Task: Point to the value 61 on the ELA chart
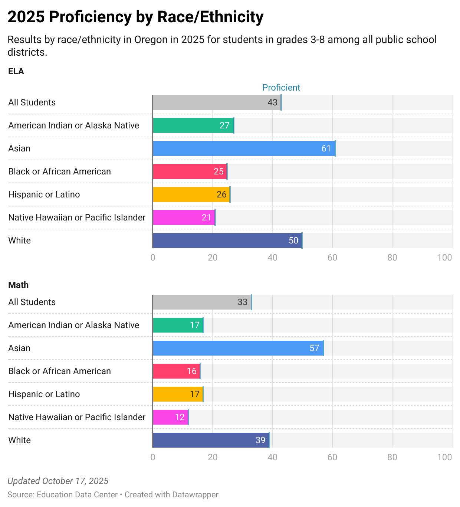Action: tap(326, 148)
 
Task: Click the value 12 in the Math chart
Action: tap(180, 417)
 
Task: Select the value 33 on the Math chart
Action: tap(243, 302)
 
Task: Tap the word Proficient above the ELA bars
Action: tap(281, 88)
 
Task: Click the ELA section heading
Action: tap(16, 71)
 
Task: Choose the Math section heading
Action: tap(18, 285)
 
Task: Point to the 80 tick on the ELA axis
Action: tap(392, 258)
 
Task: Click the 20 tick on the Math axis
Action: tap(213, 457)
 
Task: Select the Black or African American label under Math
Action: tap(59, 371)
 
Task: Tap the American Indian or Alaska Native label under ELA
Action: tap(73, 125)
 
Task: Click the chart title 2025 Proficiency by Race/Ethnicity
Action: tap(135, 17)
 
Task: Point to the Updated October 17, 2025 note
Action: tap(58, 481)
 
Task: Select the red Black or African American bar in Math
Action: tap(177, 371)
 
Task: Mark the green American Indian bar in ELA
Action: tap(193, 125)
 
